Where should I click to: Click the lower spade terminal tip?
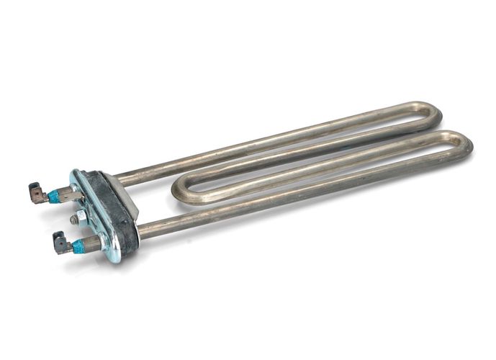click(58, 245)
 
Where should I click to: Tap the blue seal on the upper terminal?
click(53, 196)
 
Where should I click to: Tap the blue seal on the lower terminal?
click(77, 247)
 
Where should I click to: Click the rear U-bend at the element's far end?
click(432, 115)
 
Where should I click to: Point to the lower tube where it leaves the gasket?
click(144, 231)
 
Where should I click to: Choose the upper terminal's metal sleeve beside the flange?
click(68, 192)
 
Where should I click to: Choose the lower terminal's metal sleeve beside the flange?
click(92, 244)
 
